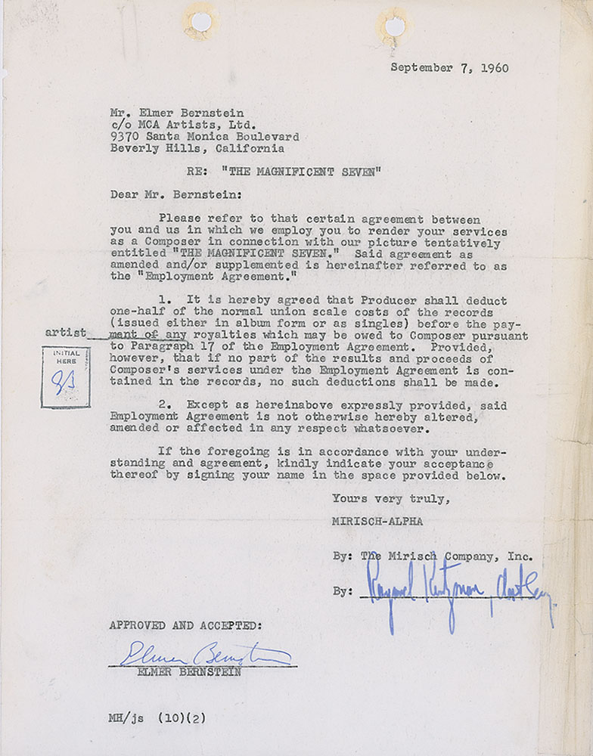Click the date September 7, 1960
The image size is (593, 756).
coord(449,68)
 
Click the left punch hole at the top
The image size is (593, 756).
coord(202,22)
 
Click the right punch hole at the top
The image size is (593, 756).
coord(395,26)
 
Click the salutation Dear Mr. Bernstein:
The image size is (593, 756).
coord(174,194)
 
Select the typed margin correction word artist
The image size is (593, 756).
coord(65,333)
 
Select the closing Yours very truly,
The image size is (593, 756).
coord(390,499)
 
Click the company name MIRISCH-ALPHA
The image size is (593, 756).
coord(377,522)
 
